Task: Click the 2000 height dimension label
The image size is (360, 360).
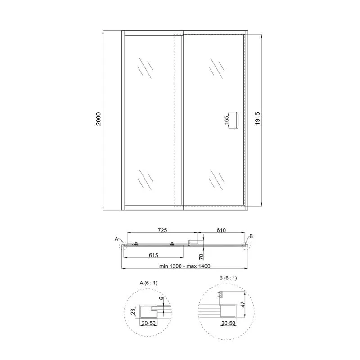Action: pyautogui.click(x=99, y=119)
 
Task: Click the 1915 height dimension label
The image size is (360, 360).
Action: pyautogui.click(x=257, y=118)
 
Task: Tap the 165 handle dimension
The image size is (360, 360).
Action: pyautogui.click(x=226, y=120)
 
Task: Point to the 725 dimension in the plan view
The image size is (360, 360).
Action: pyautogui.click(x=162, y=230)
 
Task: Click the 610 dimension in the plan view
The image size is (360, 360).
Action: pyautogui.click(x=221, y=230)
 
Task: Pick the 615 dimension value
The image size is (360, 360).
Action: pyautogui.click(x=153, y=255)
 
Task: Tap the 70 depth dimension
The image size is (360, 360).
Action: pyautogui.click(x=201, y=256)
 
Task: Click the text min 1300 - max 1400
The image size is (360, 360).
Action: pyautogui.click(x=185, y=266)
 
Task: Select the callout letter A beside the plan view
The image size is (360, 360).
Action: pyautogui.click(x=117, y=239)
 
